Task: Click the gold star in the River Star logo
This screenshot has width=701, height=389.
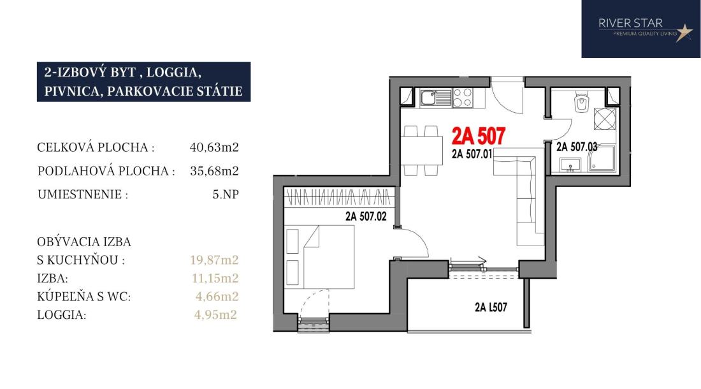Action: (684, 32)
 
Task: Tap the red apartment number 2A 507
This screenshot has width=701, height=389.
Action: (479, 136)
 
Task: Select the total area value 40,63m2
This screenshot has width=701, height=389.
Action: (214, 147)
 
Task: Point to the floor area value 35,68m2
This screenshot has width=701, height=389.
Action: (214, 172)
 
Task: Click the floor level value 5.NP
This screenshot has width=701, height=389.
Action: (226, 194)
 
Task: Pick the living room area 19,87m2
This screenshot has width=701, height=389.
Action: (214, 260)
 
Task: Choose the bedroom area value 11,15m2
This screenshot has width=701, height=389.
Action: (215, 278)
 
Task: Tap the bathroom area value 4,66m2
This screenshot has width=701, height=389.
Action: (217, 297)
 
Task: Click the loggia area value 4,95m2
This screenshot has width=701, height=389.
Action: (215, 315)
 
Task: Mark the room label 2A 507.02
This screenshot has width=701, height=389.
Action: (366, 216)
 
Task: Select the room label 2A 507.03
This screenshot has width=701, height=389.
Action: (577, 147)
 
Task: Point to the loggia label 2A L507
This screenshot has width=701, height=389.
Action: (491, 307)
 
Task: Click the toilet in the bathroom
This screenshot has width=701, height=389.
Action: (581, 102)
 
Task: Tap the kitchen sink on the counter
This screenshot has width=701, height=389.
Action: (437, 98)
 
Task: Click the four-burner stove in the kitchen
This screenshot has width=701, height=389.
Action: (462, 98)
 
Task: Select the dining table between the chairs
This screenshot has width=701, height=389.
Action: (421, 150)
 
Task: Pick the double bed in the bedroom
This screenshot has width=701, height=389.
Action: (320, 256)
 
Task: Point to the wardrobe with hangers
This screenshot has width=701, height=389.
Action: (339, 197)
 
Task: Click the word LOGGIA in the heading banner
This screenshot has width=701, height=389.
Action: (172, 72)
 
